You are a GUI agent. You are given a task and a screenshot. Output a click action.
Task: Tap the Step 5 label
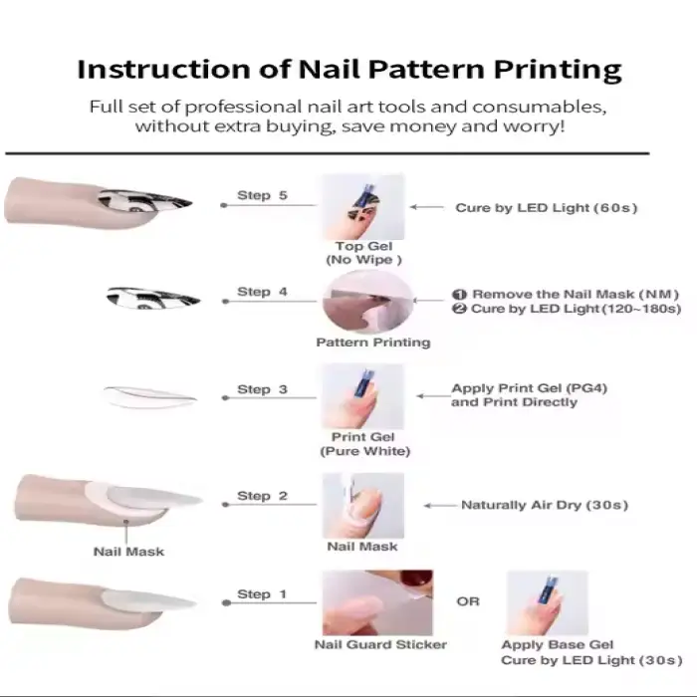tap(262, 195)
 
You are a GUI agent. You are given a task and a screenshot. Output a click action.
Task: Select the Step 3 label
tap(262, 389)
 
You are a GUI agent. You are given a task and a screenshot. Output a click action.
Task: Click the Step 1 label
tap(262, 593)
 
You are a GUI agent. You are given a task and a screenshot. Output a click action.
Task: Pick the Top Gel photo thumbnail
tap(363, 207)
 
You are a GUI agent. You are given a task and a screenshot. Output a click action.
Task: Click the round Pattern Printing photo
tap(368, 302)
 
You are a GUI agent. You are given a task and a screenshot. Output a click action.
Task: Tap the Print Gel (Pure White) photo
tap(363, 396)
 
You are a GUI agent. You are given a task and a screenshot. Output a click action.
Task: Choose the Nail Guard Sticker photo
tap(377, 602)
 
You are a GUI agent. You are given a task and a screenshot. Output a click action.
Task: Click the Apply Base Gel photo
tap(548, 603)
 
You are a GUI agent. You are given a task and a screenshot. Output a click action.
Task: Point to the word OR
tap(468, 601)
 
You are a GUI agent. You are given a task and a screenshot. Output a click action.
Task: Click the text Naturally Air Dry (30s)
tap(545, 505)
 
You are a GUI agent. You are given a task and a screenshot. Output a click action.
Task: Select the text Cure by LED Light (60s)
tap(547, 207)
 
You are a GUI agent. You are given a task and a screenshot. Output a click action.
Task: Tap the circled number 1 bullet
tap(460, 295)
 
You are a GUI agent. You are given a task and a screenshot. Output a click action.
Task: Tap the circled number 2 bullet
tap(460, 309)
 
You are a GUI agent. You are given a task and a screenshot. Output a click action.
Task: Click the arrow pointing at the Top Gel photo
tap(427, 207)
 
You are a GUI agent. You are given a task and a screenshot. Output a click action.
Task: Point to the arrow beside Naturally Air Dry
tap(440, 506)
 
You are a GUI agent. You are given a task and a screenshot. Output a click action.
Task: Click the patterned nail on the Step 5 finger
tap(144, 201)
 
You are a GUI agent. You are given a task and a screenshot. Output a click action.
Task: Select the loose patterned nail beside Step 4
tap(153, 298)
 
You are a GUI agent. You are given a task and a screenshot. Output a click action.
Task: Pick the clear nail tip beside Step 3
tap(149, 396)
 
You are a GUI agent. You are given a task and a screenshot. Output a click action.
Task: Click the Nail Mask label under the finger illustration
tap(128, 552)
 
